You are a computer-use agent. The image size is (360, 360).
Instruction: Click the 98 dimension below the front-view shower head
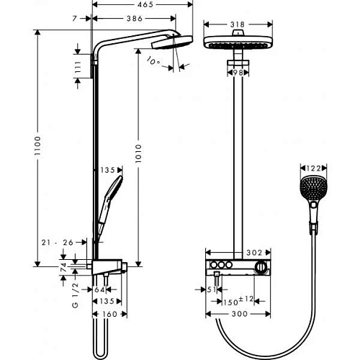click(x=237, y=73)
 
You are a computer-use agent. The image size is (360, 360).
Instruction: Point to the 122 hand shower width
click(x=310, y=168)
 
